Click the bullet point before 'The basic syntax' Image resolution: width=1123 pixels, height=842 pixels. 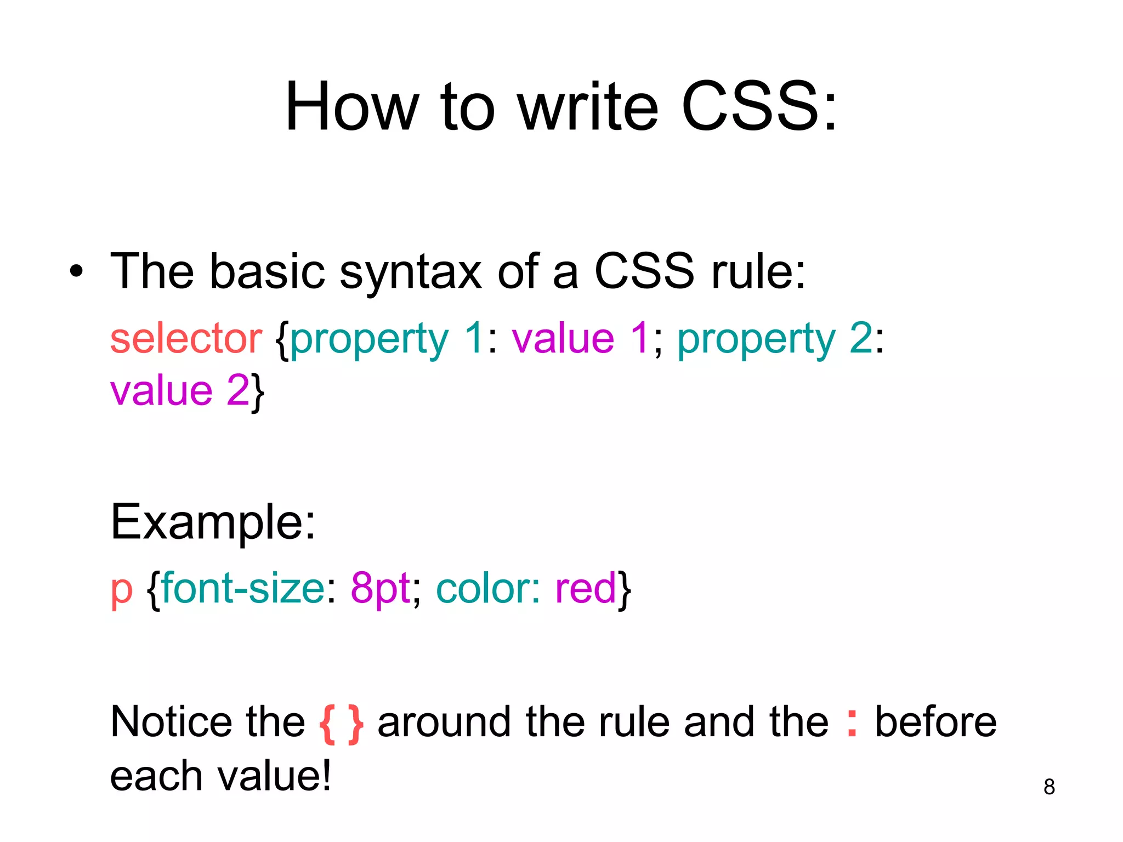point(77,271)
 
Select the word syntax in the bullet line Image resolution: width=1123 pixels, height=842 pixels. point(411,272)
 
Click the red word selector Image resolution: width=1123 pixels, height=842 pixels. point(186,338)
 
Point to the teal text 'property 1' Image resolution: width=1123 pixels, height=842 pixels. point(387,340)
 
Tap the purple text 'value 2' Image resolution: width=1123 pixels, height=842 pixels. point(180,390)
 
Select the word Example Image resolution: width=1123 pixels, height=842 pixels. point(213,522)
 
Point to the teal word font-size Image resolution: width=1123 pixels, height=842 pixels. point(243,588)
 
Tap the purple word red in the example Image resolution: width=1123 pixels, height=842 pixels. point(586,588)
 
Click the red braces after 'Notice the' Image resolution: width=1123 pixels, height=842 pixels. point(341,724)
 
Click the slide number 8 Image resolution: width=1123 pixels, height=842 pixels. point(1049,787)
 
